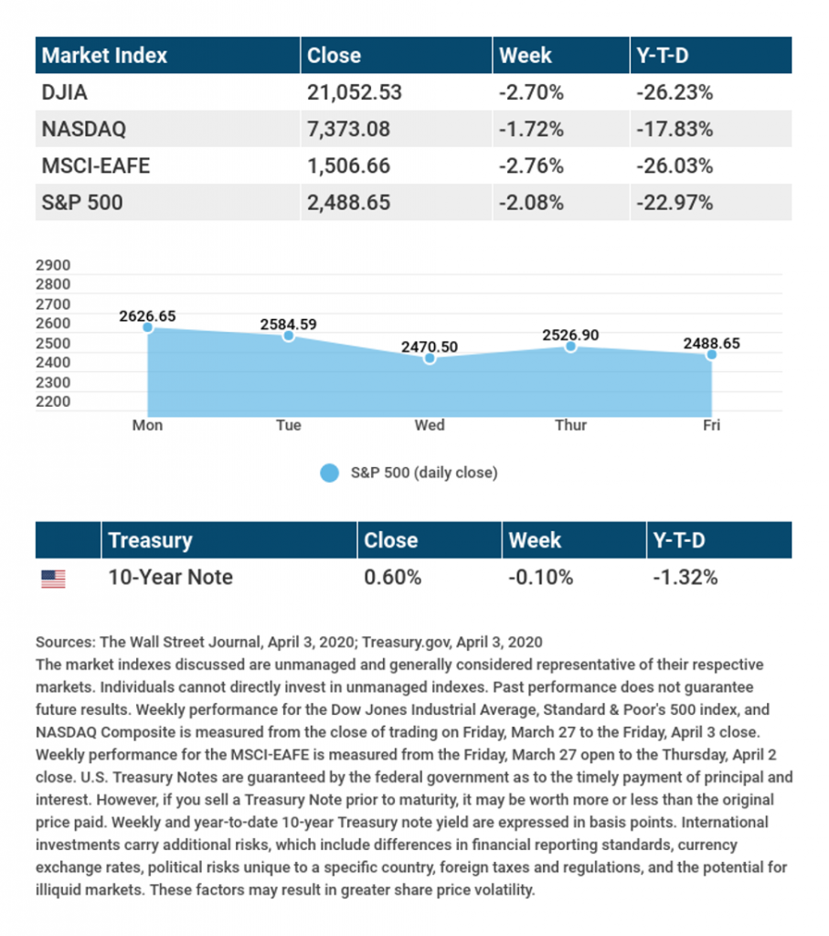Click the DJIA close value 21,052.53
[x=355, y=92]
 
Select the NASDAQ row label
[x=84, y=129]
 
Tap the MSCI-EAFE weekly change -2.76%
[x=531, y=166]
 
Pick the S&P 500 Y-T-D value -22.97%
[x=675, y=203]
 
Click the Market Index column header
[x=104, y=56]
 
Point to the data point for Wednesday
[x=429, y=358]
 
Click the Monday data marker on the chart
[x=147, y=327]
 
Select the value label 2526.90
[x=570, y=335]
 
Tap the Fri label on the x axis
[x=711, y=425]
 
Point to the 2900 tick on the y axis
[x=53, y=265]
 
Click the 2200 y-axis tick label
[x=53, y=402]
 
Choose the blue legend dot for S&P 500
[x=329, y=473]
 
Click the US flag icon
[x=53, y=579]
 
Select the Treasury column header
[x=151, y=540]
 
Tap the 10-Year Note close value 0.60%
[x=393, y=578]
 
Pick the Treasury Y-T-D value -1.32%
[x=686, y=578]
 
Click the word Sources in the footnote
[x=65, y=643]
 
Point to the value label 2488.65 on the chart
[x=711, y=344]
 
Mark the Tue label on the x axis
[x=288, y=425]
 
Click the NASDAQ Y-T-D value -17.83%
[x=675, y=129]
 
